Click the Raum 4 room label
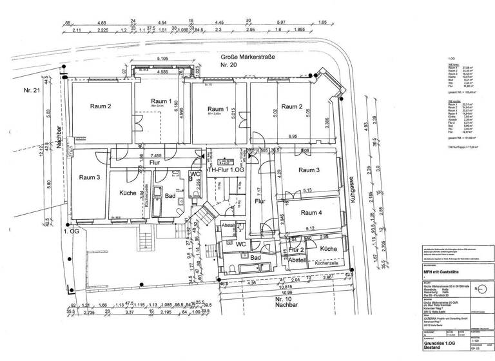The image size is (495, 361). [311, 213]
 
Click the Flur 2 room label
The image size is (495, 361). [296, 249]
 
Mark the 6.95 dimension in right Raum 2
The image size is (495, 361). [293, 137]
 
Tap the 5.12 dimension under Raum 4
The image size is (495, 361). [310, 228]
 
